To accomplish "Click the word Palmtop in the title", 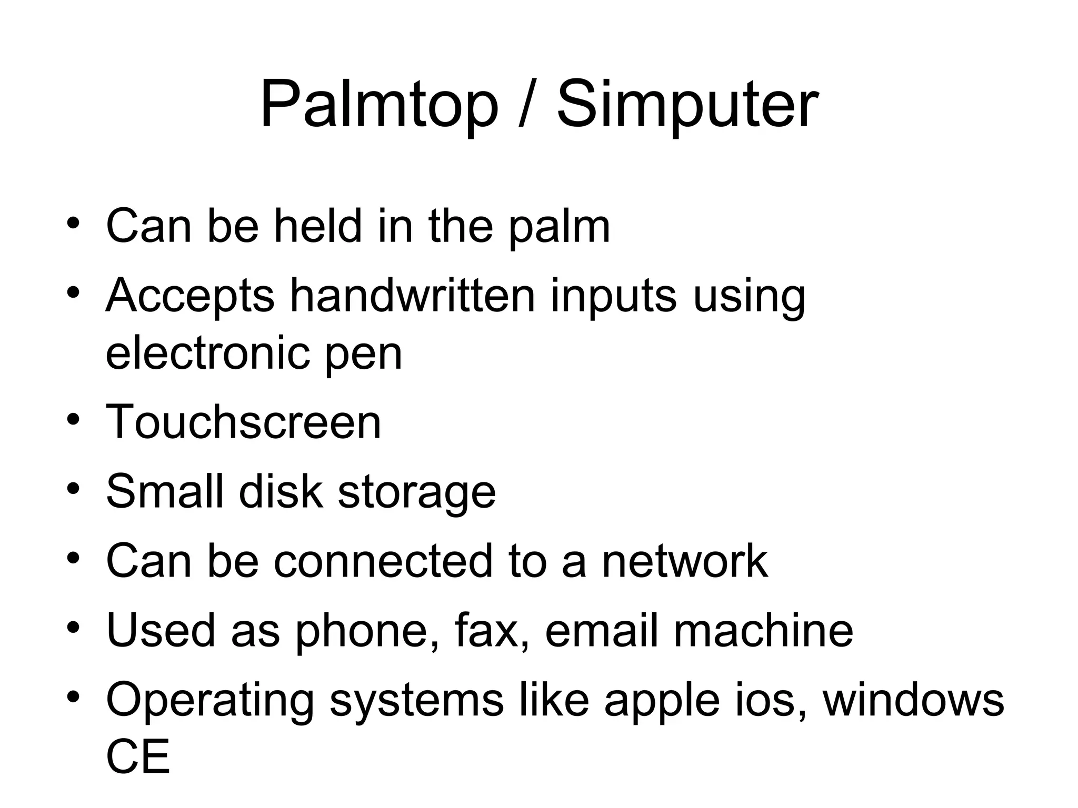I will pos(378,105).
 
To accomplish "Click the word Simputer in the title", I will pos(687,105).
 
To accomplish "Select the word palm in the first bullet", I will pos(559,227).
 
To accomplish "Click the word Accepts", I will pos(190,297).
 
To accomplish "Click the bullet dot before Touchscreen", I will pos(73,420).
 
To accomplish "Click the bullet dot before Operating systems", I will pos(73,698).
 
